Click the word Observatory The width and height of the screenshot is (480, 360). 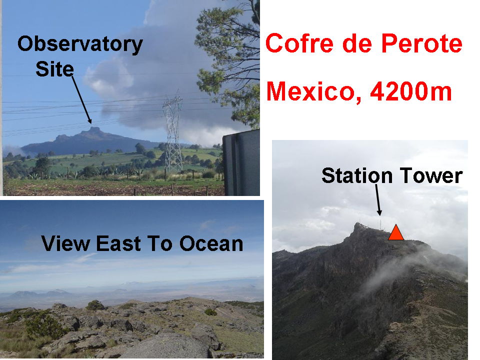click(x=80, y=44)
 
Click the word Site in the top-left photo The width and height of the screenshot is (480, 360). click(x=55, y=69)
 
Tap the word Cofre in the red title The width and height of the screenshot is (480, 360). click(x=299, y=43)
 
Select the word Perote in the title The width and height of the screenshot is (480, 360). click(x=421, y=43)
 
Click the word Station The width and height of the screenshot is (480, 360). click(x=357, y=175)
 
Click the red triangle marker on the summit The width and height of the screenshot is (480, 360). click(x=396, y=233)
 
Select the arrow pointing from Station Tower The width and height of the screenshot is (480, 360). click(x=378, y=199)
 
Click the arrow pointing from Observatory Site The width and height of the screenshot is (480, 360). click(x=81, y=100)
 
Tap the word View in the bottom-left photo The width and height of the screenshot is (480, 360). click(x=65, y=243)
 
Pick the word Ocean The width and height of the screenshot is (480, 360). click(x=211, y=243)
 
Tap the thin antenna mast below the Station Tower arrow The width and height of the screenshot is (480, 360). click(x=380, y=223)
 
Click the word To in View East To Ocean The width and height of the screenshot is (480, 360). click(x=160, y=243)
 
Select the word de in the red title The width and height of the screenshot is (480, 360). click(x=357, y=43)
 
